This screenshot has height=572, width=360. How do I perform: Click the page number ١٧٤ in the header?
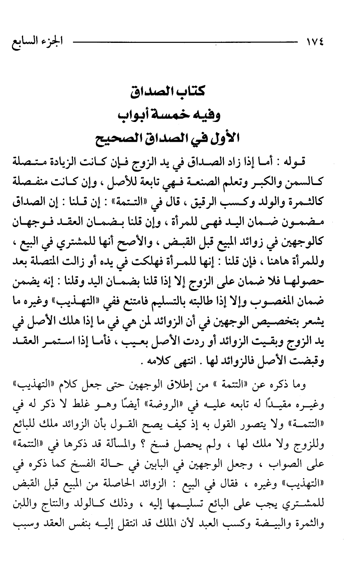315,42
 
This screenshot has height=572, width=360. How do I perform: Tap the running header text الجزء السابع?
34,42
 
